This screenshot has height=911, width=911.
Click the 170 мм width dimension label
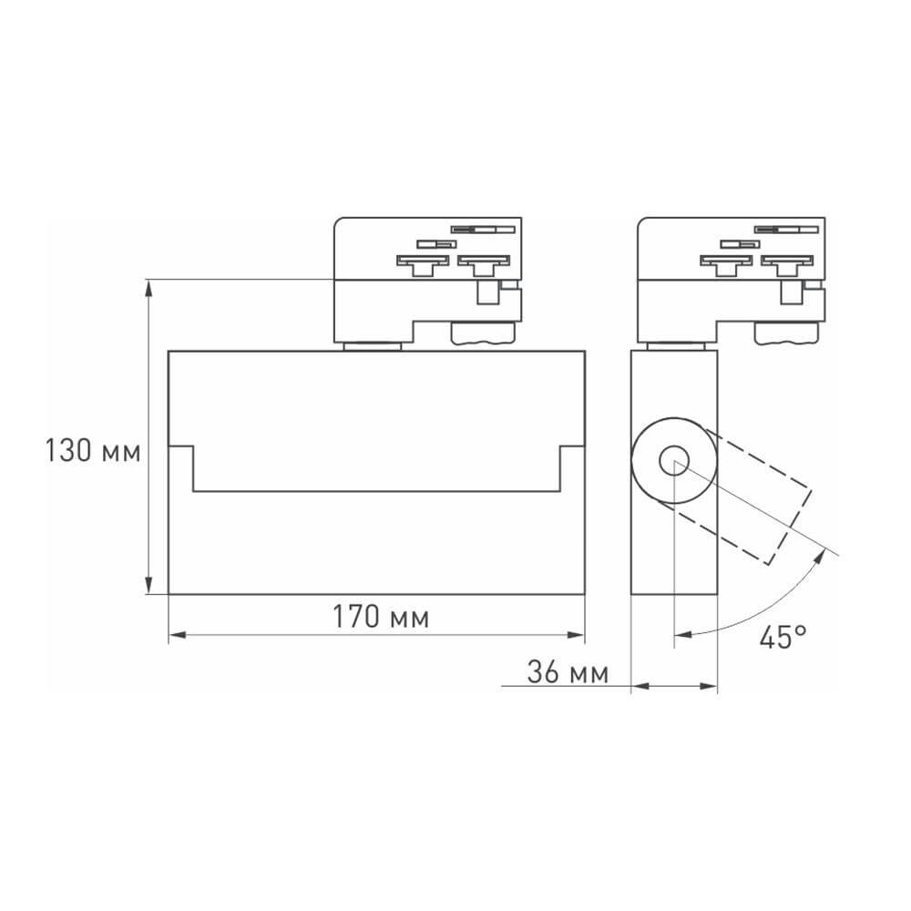coord(379,617)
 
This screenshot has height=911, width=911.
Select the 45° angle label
coord(783,637)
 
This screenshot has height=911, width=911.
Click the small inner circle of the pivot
coord(675,461)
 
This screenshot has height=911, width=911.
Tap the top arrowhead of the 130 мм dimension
coord(148,287)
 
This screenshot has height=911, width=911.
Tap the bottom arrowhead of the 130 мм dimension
coord(148,587)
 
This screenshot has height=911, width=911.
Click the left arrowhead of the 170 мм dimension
coord(177,634)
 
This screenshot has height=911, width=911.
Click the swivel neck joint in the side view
coord(675,344)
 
